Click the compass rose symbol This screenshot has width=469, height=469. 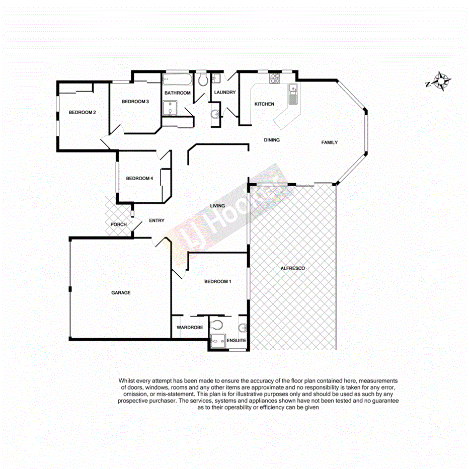[441, 81]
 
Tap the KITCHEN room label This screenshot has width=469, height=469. [264, 104]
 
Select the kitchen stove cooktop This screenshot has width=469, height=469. [275, 79]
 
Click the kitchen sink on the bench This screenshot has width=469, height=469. [293, 91]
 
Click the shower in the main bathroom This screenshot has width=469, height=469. [170, 108]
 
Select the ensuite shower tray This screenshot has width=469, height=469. [217, 341]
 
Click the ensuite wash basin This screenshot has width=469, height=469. [244, 328]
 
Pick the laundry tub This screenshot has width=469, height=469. [216, 79]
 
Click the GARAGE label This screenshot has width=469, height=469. [121, 292]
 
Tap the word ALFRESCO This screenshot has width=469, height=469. [293, 268]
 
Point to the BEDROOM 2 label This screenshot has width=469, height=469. [82, 112]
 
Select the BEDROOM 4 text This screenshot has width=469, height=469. [139, 178]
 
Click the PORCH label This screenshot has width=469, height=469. [118, 224]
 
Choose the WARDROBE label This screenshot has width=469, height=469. [190, 328]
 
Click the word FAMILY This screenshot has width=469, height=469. [330, 142]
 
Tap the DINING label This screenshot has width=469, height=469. [272, 140]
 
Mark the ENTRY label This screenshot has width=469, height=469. [157, 220]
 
